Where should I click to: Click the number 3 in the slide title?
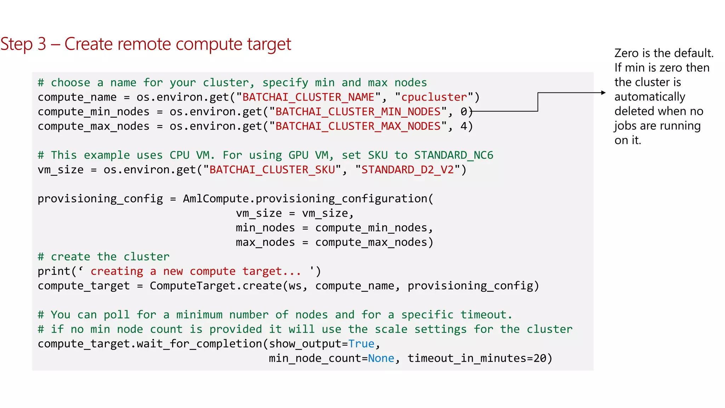(42, 44)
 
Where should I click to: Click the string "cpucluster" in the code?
(434, 97)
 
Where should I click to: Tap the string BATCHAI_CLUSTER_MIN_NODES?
(358, 112)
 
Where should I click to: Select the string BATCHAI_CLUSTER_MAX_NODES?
(358, 126)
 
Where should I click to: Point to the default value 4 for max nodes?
(464, 126)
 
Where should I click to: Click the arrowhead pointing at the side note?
(603, 93)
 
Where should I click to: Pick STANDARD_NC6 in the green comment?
(453, 155)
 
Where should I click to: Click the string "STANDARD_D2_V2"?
(407, 170)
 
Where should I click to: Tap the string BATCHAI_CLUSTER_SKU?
(272, 170)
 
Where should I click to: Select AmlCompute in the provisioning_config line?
(216, 199)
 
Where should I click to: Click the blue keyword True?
(361, 344)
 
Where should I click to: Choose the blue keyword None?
(381, 358)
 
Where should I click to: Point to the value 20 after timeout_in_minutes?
(540, 358)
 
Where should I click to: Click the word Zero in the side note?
(627, 53)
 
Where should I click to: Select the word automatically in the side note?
(650, 97)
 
